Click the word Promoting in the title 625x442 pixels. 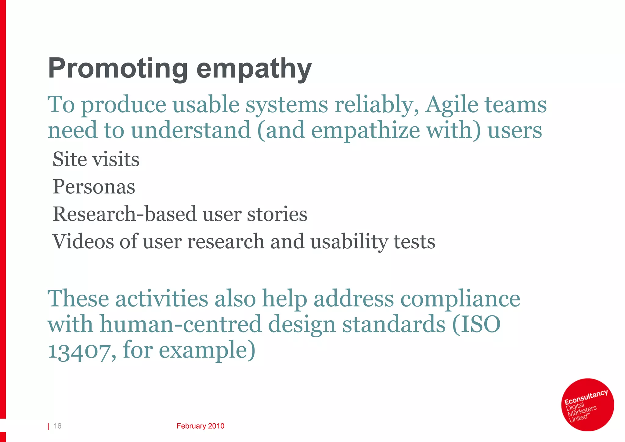(x=117, y=68)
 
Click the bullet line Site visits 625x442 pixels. (x=96, y=159)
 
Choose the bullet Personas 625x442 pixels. (x=94, y=186)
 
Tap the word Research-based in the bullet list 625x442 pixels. (x=125, y=214)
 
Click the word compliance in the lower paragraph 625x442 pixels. (x=460, y=299)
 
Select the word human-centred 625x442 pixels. (x=181, y=324)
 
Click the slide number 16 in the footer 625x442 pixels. (x=57, y=426)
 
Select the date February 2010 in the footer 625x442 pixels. (x=200, y=426)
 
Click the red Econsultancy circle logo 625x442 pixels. (x=587, y=404)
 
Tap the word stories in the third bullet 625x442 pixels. (x=277, y=214)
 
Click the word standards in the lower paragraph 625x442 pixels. (x=394, y=324)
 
